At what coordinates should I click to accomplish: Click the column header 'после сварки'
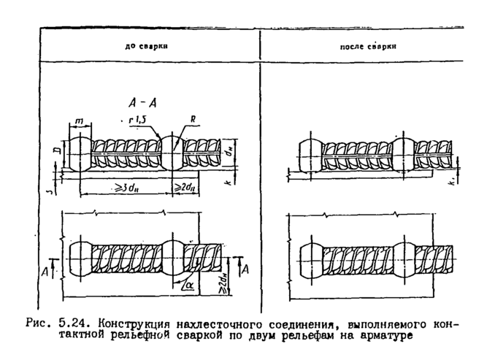368,45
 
